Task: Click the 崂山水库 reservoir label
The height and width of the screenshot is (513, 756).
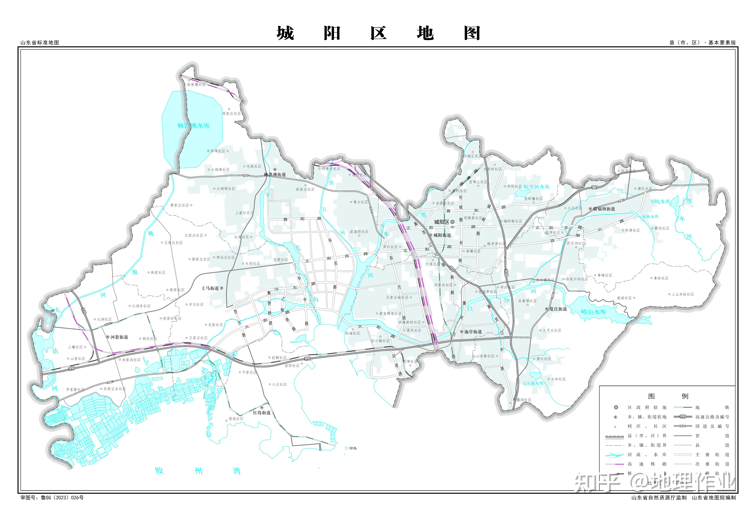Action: coord(594,312)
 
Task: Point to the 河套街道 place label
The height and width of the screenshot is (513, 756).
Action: coord(119,337)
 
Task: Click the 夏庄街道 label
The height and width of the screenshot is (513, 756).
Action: coord(558,309)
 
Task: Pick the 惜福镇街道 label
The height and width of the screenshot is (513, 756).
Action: coord(604,209)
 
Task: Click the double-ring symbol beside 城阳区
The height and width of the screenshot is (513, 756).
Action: coord(453,222)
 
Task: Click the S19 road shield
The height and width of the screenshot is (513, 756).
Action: coord(594,187)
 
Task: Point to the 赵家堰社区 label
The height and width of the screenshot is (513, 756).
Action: coord(196,85)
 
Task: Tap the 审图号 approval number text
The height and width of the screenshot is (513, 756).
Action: coord(52,497)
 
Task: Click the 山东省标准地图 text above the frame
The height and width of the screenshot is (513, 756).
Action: coord(40,43)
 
